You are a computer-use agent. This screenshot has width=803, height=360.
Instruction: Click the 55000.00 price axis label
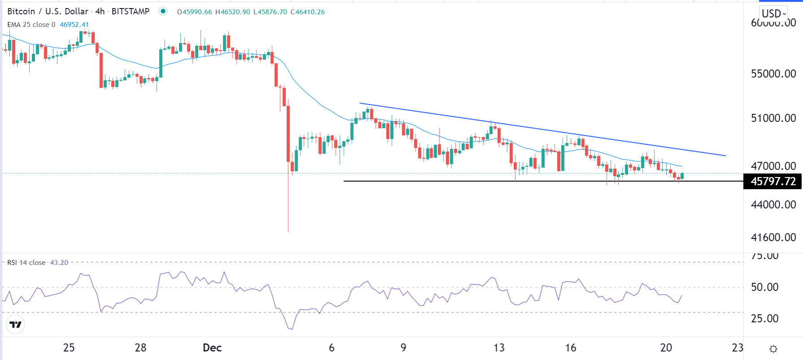click(773, 74)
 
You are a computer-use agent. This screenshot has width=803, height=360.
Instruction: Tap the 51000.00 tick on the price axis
click(773, 118)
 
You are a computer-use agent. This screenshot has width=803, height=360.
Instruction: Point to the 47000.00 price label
click(773, 166)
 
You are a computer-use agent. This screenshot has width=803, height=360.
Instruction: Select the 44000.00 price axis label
click(773, 204)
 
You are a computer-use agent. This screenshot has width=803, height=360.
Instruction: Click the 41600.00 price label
click(773, 237)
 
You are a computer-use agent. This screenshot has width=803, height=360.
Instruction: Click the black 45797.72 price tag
click(773, 182)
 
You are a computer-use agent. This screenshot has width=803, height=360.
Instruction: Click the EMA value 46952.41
click(74, 25)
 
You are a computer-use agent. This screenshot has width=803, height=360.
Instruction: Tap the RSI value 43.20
click(59, 263)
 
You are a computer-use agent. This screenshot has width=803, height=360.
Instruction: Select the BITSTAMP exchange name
click(130, 12)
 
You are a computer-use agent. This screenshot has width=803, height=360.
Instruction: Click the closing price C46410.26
click(308, 12)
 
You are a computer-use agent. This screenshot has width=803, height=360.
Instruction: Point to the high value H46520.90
click(233, 12)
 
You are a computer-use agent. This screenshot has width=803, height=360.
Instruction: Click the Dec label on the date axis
click(212, 348)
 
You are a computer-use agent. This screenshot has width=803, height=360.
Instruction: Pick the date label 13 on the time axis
click(499, 348)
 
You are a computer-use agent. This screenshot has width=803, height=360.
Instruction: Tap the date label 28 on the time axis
click(140, 348)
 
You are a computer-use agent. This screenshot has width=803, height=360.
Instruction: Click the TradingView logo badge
click(16, 325)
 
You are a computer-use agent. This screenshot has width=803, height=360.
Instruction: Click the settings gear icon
click(773, 349)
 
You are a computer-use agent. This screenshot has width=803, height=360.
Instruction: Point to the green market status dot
click(163, 12)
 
